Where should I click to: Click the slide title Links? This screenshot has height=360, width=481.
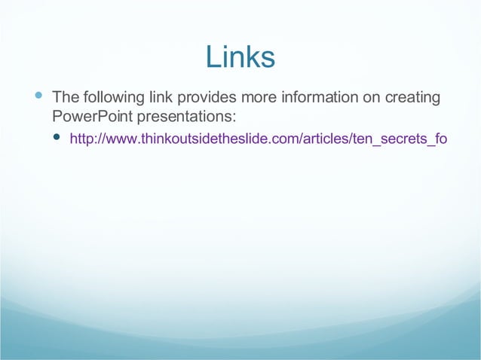coord(240,57)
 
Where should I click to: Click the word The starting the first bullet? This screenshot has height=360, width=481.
coord(64,98)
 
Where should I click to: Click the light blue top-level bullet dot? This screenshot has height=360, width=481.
coord(38,96)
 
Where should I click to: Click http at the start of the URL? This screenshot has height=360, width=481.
coord(81,139)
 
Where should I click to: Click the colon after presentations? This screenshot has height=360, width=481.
coord(234,117)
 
